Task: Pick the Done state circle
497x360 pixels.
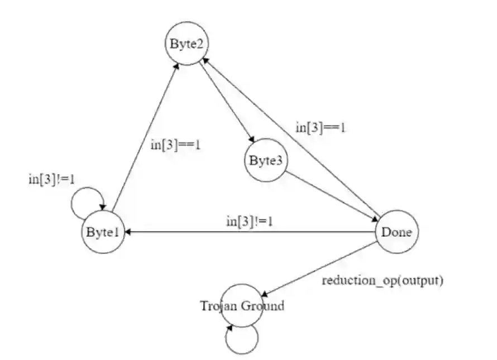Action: [x=396, y=232]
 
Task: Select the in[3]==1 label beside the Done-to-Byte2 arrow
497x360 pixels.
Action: [x=321, y=127]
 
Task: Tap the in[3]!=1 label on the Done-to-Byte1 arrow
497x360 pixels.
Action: [x=249, y=221]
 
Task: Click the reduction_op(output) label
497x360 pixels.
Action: [x=383, y=280]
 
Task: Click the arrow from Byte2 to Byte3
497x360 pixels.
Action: [x=226, y=100]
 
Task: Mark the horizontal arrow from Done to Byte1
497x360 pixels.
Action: [x=251, y=232]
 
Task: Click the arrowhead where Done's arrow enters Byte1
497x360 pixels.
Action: [x=128, y=232]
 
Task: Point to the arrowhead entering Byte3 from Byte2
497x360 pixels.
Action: [x=252, y=142]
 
